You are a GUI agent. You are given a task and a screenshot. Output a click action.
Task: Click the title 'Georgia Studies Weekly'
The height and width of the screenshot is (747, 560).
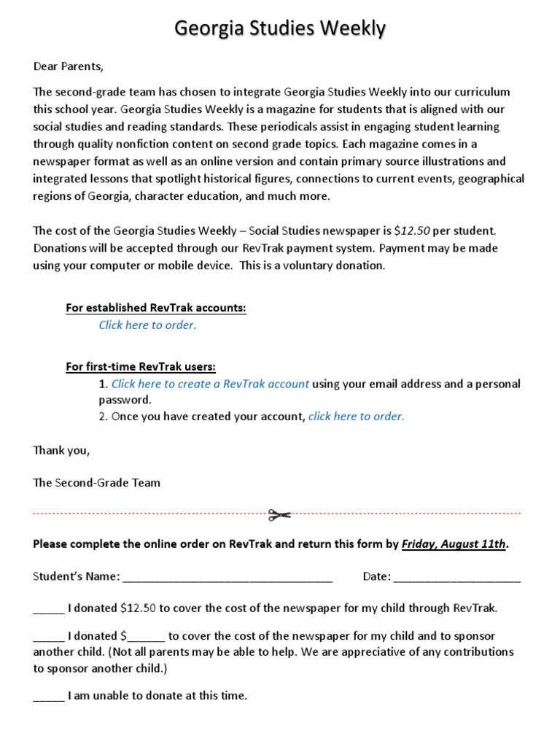coord(280,29)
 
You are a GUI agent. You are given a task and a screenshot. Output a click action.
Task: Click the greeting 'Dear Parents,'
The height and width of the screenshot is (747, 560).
coord(69,67)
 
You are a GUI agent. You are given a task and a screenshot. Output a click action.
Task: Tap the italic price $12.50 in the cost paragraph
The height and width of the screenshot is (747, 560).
coord(412,231)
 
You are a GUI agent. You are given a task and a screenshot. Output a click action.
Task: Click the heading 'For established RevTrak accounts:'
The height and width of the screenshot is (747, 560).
coord(156,308)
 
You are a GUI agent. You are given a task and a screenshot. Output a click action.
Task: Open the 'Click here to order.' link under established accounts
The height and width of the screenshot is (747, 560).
coord(147,325)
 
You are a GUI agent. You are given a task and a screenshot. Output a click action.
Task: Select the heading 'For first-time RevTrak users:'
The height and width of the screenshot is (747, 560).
coord(141,366)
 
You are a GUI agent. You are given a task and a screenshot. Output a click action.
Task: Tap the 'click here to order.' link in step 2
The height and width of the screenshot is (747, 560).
coord(356,417)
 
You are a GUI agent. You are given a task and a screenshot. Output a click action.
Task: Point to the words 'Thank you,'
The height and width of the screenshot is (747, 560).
coord(61,450)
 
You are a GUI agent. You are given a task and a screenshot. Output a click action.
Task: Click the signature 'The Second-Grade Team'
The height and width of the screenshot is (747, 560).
coord(96,482)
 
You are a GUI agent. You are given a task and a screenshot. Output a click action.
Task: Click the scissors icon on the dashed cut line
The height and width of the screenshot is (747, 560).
coord(279,515)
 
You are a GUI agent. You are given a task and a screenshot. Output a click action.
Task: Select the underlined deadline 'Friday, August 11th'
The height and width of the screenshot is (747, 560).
coord(454,544)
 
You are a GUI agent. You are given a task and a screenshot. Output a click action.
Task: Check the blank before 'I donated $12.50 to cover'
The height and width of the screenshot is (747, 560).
coord(49,608)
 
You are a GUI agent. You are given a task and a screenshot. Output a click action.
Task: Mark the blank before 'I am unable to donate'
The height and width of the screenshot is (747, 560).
coord(49,697)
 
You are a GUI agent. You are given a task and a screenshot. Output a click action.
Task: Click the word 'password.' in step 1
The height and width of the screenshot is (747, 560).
coord(125,400)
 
